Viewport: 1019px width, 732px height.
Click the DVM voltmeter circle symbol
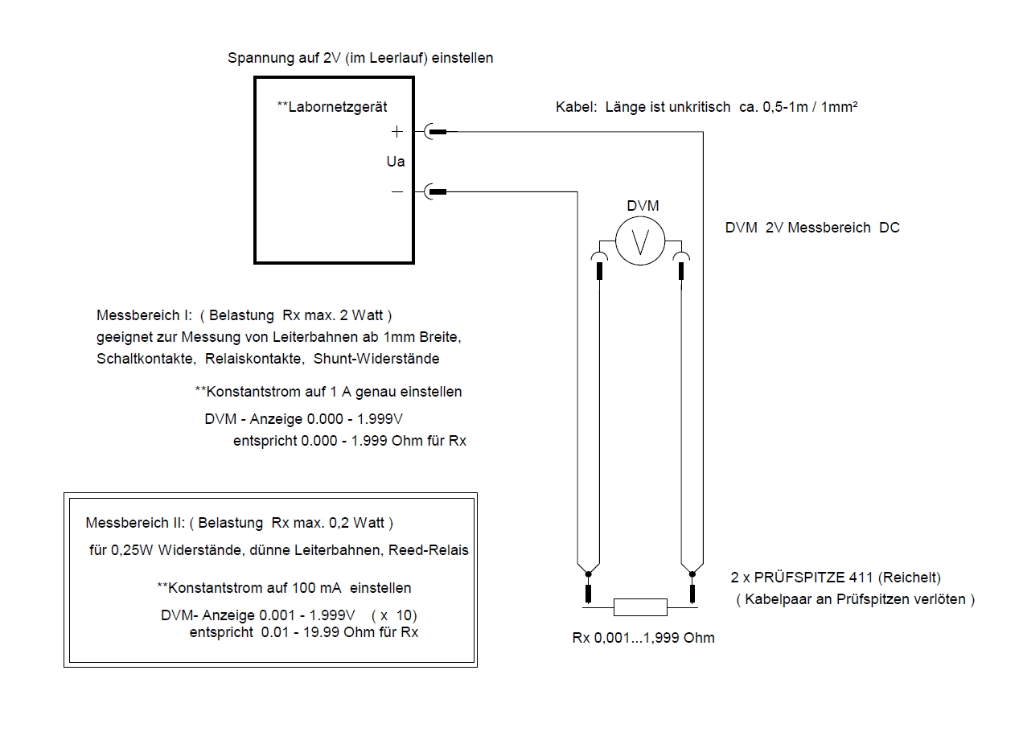(640, 241)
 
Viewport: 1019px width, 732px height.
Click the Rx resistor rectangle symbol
(640, 607)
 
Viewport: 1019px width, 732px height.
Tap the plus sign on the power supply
(397, 132)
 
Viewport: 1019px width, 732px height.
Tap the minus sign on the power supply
(397, 192)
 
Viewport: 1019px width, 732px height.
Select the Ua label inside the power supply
(396, 162)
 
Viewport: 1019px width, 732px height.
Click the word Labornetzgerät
(338, 107)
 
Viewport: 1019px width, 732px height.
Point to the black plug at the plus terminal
(438, 132)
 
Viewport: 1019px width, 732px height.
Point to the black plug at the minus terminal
(438, 192)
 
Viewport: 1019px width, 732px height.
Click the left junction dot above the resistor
(588, 574)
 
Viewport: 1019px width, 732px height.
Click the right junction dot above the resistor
(692, 574)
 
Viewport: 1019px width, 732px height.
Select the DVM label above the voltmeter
(643, 206)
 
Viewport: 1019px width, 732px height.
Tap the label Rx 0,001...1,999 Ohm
(643, 638)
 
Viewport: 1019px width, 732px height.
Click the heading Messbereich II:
(135, 523)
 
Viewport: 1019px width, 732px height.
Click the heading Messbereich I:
(144, 315)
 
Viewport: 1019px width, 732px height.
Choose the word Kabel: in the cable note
(577, 107)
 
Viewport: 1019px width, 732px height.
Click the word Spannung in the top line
(261, 58)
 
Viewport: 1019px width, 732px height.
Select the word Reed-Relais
(429, 550)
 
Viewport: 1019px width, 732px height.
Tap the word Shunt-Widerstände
(376, 359)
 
